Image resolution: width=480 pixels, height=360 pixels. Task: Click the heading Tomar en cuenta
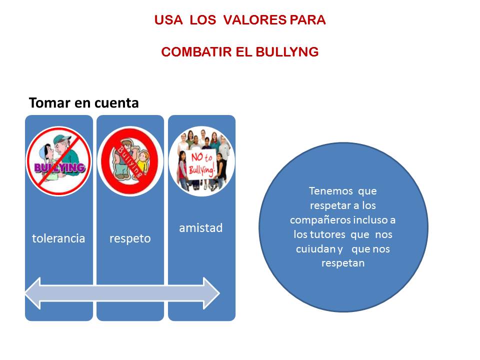[x=83, y=103]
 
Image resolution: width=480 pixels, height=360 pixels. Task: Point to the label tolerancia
[x=58, y=238]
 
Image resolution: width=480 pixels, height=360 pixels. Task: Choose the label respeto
[x=130, y=238]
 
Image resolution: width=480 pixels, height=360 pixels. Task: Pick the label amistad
[x=201, y=228]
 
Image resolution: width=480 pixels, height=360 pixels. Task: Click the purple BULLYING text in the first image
[x=59, y=167]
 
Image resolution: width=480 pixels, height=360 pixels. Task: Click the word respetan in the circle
[x=343, y=263]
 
